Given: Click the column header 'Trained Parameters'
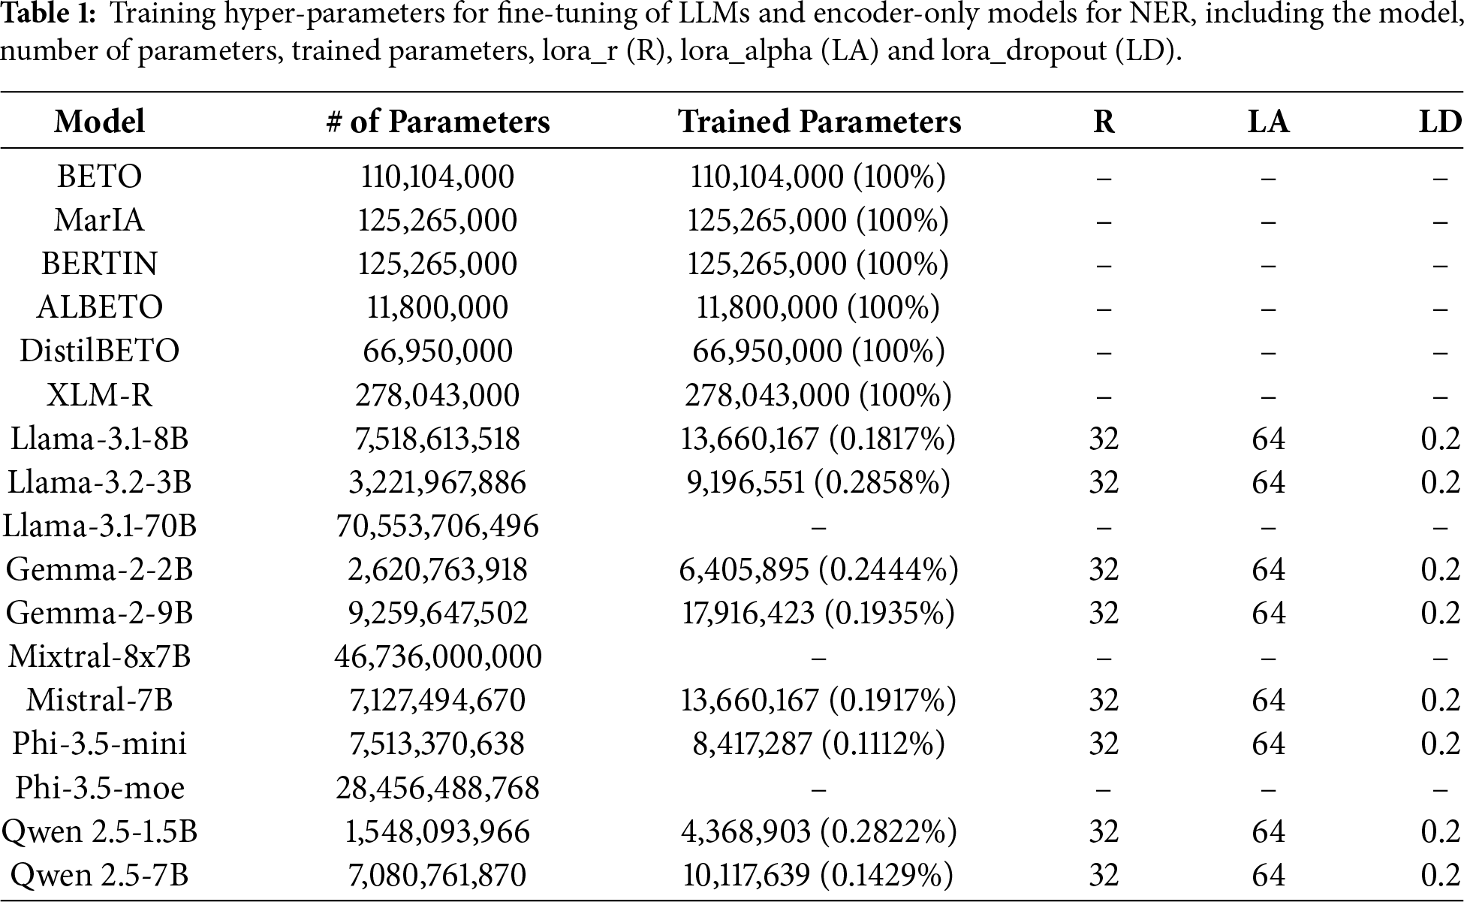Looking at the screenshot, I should [x=819, y=122].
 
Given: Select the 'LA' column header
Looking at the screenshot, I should [x=1268, y=122].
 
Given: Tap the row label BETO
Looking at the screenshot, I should [x=99, y=176].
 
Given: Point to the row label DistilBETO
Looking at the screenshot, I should [x=99, y=351].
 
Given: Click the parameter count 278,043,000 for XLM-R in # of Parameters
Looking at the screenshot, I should [x=437, y=395].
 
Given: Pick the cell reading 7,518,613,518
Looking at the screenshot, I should [x=437, y=439].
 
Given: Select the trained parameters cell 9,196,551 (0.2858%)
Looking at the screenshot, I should [x=818, y=482].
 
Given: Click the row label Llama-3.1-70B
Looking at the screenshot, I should [x=99, y=526].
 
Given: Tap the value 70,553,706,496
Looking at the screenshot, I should [x=437, y=526].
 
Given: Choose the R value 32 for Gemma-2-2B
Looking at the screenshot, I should [x=1104, y=569].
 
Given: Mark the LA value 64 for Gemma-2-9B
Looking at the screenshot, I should [x=1268, y=613].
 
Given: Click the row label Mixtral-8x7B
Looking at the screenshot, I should [x=99, y=656].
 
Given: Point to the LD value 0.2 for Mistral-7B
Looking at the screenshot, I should [x=1440, y=700].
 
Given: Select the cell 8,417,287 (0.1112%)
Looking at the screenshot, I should [x=818, y=744].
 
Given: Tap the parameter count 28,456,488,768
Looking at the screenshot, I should [x=437, y=788].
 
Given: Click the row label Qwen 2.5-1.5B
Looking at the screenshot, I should [x=99, y=831].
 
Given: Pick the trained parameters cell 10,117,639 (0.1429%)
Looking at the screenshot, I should [x=818, y=875].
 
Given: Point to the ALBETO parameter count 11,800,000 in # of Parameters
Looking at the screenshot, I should [x=437, y=307].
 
